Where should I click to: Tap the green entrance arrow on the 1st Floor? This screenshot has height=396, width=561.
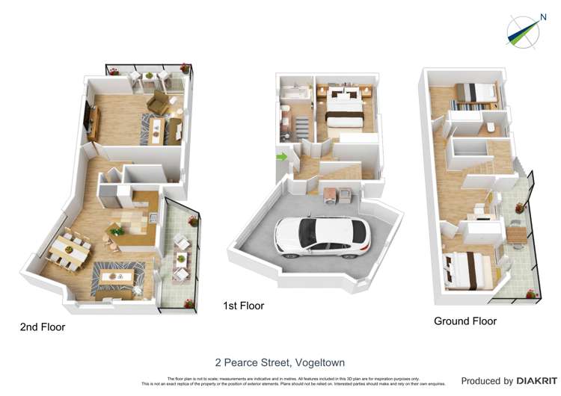[x=281, y=157]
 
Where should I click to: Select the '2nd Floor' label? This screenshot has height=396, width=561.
[x=42, y=327]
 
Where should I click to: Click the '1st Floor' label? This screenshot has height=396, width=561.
[x=243, y=306]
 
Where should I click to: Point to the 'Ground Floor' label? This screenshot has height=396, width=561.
[x=465, y=321]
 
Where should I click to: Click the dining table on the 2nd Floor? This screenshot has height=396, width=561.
[x=69, y=248]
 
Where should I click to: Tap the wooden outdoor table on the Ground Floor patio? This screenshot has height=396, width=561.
[x=517, y=234]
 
